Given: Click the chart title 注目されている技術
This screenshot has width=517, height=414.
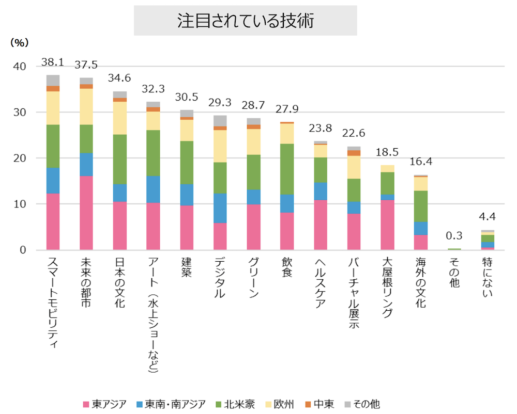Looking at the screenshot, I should pyautogui.click(x=246, y=21).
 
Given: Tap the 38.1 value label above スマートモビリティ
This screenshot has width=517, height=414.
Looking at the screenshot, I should pyautogui.click(x=53, y=62).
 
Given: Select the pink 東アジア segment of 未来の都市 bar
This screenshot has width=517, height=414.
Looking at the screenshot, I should pyautogui.click(x=86, y=213).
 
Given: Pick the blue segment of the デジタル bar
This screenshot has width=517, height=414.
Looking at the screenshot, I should pyautogui.click(x=220, y=208).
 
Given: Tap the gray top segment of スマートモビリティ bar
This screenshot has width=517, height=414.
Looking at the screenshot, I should pyautogui.click(x=53, y=80).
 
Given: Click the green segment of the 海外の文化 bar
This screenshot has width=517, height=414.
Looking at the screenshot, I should pyautogui.click(x=420, y=206).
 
